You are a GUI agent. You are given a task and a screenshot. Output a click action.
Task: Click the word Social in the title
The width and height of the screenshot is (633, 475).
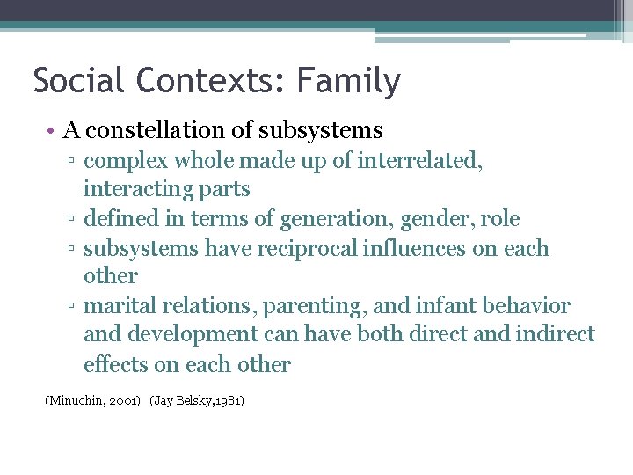pos(76,81)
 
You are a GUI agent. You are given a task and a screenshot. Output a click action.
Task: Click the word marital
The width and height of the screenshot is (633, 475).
pos(118,306)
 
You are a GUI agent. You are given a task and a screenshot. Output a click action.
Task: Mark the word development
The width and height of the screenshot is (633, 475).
pos(186,334)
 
